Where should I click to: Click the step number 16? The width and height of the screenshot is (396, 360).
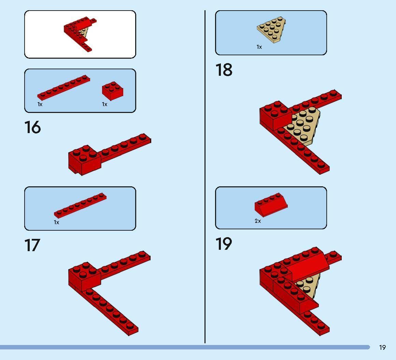pos(32,127)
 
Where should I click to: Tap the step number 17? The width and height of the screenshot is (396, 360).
pos(32,245)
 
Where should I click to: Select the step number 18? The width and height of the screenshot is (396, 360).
pos(224,70)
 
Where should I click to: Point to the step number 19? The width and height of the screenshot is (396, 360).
pos(224,244)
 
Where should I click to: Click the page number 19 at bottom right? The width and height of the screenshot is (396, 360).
pos(382,348)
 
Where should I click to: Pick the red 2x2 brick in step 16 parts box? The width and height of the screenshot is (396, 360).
pos(113,91)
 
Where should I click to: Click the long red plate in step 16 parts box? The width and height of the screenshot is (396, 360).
pos(63,87)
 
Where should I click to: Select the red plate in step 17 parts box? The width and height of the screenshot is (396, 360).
pos(80,205)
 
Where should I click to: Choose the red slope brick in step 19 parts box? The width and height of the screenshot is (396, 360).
pos(271,205)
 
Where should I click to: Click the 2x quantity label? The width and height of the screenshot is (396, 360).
pos(258,221)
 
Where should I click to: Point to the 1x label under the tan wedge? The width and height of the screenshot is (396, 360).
pos(259,47)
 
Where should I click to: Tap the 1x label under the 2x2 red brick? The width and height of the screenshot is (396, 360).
pos(104,104)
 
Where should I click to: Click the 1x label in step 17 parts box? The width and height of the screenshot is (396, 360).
pos(56,222)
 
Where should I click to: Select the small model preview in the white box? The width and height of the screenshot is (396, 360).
pos(80,34)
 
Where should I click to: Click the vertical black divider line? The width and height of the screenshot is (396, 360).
pos(205,177)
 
